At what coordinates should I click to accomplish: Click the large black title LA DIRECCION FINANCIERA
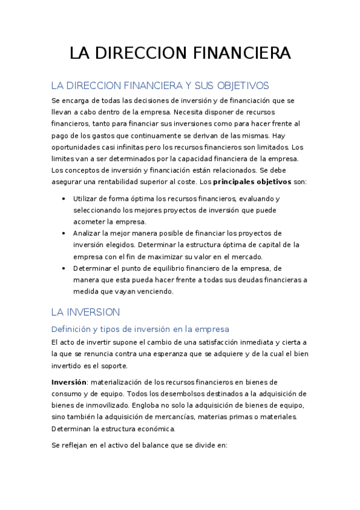click(x=180, y=53)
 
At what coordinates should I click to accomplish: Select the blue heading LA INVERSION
click(x=85, y=312)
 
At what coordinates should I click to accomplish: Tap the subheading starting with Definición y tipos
click(x=140, y=329)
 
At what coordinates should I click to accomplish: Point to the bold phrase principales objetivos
click(x=253, y=182)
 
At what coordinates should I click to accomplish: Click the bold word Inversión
click(x=69, y=382)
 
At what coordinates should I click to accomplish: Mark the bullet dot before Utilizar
click(x=64, y=198)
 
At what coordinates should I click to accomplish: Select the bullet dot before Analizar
click(x=64, y=233)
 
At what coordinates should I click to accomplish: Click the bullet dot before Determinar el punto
click(x=64, y=268)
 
